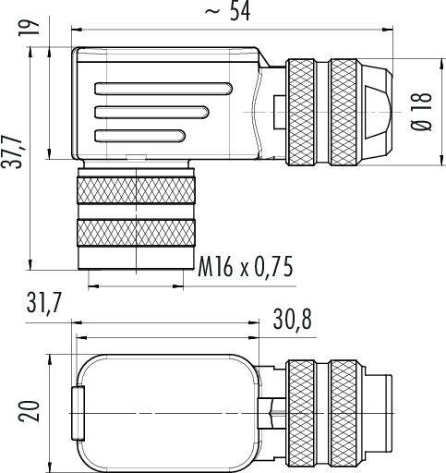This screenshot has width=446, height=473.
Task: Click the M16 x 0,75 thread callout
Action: click(246, 268)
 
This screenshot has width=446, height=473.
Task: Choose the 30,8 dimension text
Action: click(295, 317)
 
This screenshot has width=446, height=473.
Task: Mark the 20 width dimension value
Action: click(27, 406)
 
